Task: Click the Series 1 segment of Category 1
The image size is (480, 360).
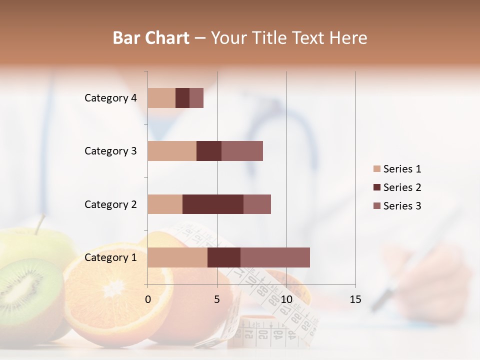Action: point(177,257)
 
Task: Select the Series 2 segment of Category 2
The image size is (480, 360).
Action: point(213,204)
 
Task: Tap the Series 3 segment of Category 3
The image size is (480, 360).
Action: point(242,151)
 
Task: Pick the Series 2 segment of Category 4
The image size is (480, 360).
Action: point(182,98)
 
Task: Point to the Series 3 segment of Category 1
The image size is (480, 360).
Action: point(275,257)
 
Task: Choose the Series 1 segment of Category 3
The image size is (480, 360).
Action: point(172,151)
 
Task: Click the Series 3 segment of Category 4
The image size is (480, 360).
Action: point(196,98)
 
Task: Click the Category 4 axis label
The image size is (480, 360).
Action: point(110,98)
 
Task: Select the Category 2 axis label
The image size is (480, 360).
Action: point(110,204)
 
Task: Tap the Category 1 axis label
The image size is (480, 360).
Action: point(110,257)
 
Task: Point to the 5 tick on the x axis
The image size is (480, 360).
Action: point(217,300)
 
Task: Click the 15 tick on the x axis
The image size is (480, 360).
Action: point(355,300)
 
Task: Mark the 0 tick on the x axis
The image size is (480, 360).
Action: point(148,300)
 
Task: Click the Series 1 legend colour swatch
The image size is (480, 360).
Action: point(376,169)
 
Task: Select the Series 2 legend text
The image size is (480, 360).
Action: point(402,187)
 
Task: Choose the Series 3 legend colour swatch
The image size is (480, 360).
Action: point(376,206)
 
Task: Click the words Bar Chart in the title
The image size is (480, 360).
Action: point(151,38)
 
